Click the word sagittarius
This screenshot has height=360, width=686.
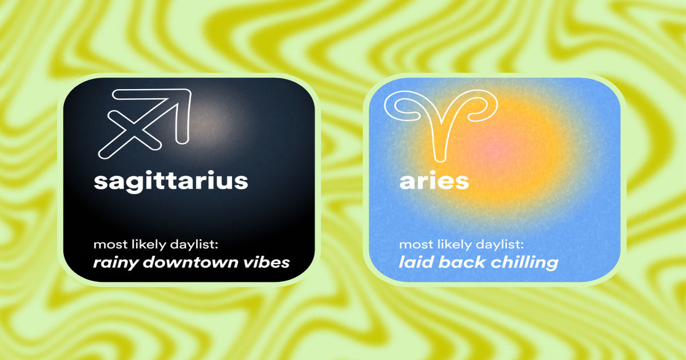(x=170, y=181)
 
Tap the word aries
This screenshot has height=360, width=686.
(x=434, y=181)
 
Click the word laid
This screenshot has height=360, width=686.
(x=413, y=262)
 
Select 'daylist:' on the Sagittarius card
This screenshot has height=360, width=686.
(x=191, y=245)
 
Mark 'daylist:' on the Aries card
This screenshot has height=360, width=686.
(x=496, y=245)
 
